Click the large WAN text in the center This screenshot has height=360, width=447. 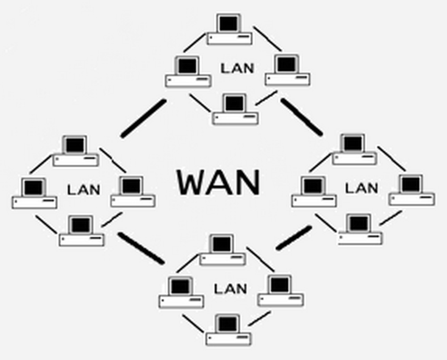pos(219,182)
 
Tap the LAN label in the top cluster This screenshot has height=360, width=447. pos(237,68)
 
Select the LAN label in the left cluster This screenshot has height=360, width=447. pos(84,189)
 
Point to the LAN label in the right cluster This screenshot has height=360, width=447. pos(362,187)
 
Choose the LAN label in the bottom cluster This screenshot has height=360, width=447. pos(231,288)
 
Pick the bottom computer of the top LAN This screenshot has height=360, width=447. pos(235,110)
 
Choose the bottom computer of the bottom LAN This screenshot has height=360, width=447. pos(228,330)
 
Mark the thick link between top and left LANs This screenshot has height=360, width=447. pos(143,118)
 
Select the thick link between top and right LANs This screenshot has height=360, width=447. pos(301,117)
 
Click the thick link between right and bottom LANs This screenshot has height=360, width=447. pos(294,237)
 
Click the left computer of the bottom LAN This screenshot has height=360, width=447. pos(181,293)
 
